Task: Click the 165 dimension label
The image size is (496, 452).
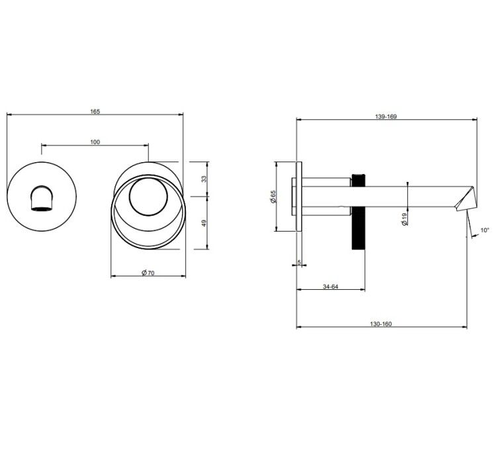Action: point(95,111)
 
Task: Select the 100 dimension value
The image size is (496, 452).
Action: point(95,142)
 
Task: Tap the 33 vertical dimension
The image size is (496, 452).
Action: point(204,179)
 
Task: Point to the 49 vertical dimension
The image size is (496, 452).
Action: point(204,223)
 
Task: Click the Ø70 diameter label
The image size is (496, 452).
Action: point(148,273)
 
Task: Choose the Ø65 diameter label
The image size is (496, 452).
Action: point(272,197)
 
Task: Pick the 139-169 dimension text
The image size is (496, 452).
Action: point(386,116)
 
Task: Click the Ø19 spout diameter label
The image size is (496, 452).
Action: point(404,219)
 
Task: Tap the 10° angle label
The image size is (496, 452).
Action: point(485,230)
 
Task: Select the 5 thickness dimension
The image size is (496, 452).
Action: point(299,263)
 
